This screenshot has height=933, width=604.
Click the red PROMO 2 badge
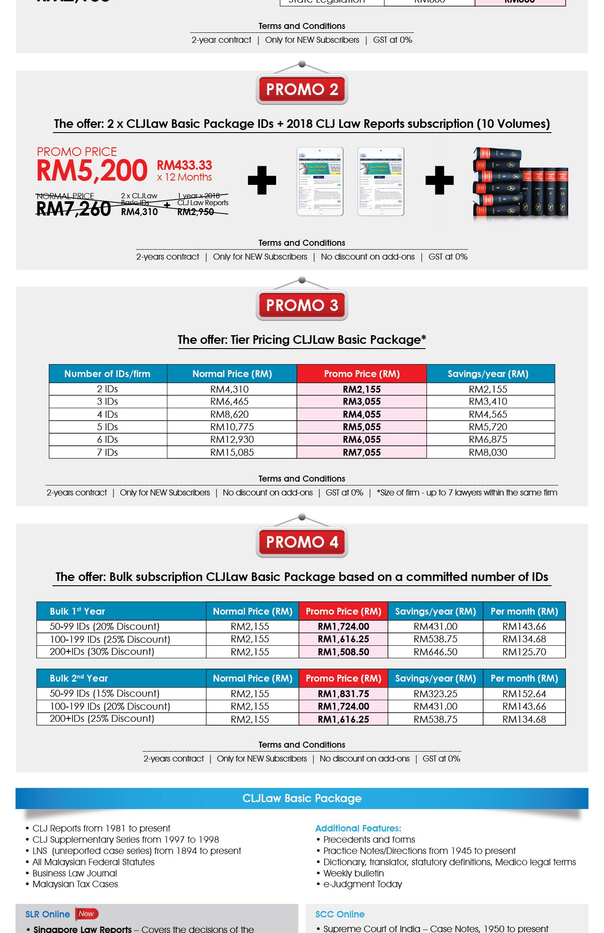[x=302, y=89]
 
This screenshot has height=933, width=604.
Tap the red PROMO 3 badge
[x=302, y=305]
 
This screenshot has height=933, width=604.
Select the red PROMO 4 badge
[x=302, y=542]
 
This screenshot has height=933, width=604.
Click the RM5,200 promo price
[x=92, y=171]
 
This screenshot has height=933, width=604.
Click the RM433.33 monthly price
[x=184, y=165]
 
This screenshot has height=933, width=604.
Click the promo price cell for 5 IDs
[x=362, y=427]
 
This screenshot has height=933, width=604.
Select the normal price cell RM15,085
[x=232, y=452]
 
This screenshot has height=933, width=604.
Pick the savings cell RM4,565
[x=488, y=414]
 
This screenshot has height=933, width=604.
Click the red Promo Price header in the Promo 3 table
[x=362, y=374]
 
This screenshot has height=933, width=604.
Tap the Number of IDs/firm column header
[x=107, y=374]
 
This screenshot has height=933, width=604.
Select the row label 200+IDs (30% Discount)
[x=102, y=651]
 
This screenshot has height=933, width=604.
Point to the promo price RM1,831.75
[x=343, y=694]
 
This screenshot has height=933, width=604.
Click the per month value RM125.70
[x=524, y=652]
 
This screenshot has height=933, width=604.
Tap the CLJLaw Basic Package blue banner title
[x=302, y=798]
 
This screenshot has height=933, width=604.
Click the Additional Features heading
[x=358, y=828]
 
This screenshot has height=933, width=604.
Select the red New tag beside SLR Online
[x=87, y=914]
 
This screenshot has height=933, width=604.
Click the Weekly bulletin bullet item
[x=353, y=873]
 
